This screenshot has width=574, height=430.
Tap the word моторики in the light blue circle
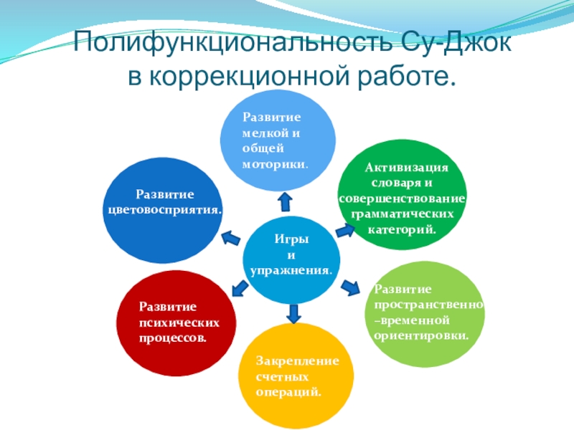pyautogui.click(x=274, y=164)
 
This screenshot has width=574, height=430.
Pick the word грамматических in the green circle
pyautogui.click(x=402, y=214)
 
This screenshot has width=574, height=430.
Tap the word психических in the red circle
pyautogui.click(x=179, y=322)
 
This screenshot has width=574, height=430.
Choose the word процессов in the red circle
pyautogui.click(x=173, y=336)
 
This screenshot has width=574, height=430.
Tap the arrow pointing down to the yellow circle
pyautogui.click(x=293, y=312)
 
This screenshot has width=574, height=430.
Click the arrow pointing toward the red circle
pyautogui.click(x=238, y=289)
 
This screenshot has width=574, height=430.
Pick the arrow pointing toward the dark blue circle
pyautogui.click(x=231, y=236)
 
